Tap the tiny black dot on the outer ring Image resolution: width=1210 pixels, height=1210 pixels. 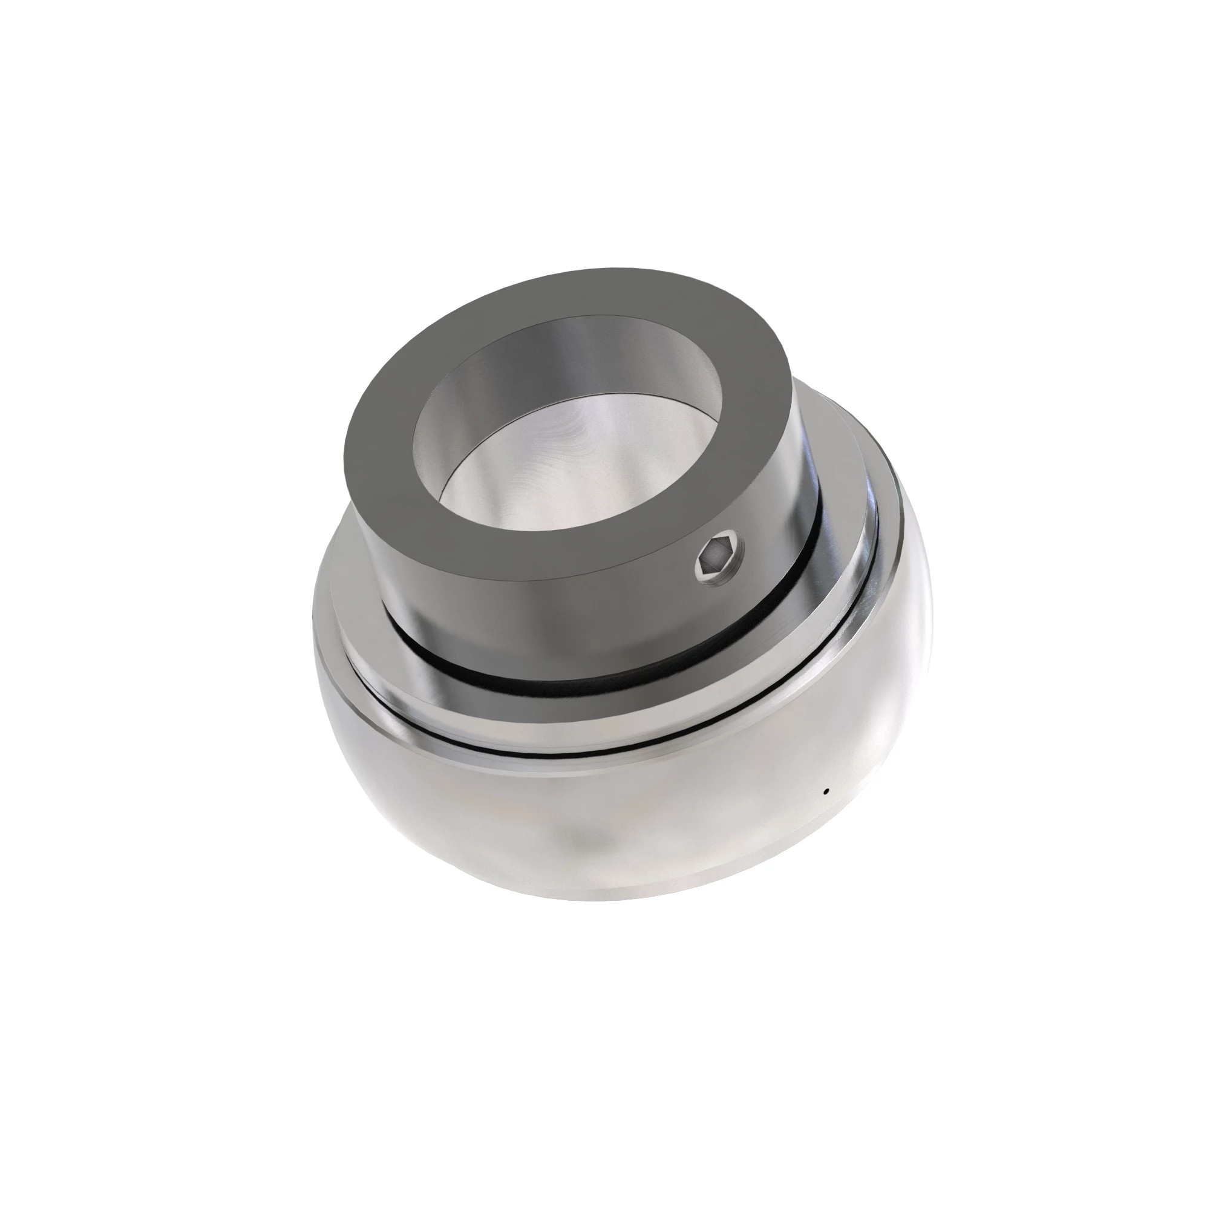point(826,791)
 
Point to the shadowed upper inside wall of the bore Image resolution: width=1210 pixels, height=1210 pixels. point(564,351)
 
